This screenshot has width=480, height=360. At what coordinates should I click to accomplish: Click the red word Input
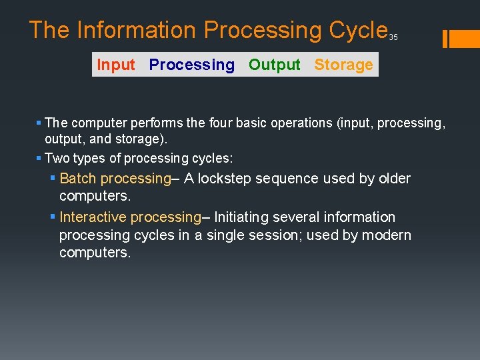click(116, 65)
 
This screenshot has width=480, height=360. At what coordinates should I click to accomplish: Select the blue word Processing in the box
click(192, 65)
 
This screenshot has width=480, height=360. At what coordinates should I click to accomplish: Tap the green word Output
click(275, 65)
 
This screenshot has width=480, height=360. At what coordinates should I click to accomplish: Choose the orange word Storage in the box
click(343, 65)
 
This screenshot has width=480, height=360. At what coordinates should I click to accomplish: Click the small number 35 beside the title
click(393, 37)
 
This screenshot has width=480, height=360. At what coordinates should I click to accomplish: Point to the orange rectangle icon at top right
click(461, 39)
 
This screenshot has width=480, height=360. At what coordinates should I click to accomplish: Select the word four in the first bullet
click(223, 123)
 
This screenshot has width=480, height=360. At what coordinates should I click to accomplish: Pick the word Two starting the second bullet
click(55, 158)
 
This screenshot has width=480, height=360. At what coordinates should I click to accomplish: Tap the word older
click(393, 178)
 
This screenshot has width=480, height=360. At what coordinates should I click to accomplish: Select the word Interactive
click(93, 217)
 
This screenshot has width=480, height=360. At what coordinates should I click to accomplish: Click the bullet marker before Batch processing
click(53, 178)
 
